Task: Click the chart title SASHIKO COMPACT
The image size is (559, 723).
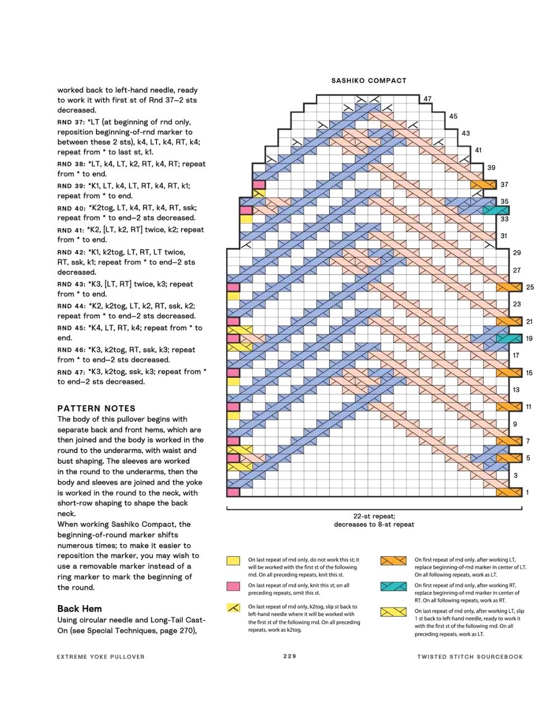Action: [x=368, y=81]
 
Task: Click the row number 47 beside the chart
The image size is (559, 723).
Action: [x=428, y=99]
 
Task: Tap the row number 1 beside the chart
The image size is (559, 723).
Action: [x=527, y=493]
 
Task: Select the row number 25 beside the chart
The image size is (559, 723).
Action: [x=530, y=287]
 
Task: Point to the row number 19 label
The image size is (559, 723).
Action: [x=529, y=339]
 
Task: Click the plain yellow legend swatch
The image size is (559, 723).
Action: [x=233, y=560]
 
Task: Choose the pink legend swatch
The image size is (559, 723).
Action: [x=233, y=586]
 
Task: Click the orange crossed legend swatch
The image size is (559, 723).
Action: [x=393, y=560]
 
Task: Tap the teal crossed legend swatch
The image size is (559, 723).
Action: [x=393, y=586]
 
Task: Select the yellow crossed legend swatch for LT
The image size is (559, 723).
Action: [x=393, y=612]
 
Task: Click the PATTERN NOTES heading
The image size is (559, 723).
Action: [x=96, y=409]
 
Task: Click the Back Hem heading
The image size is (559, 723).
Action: [x=80, y=609]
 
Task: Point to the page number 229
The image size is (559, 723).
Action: [x=289, y=656]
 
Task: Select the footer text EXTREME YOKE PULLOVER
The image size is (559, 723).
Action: [x=100, y=657]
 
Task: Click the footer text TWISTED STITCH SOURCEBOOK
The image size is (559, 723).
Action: [x=469, y=657]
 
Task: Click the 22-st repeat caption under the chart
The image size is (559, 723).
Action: [x=374, y=517]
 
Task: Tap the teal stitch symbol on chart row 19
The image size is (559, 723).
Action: [x=509, y=339]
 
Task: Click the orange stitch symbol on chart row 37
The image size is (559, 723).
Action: [x=483, y=184]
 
